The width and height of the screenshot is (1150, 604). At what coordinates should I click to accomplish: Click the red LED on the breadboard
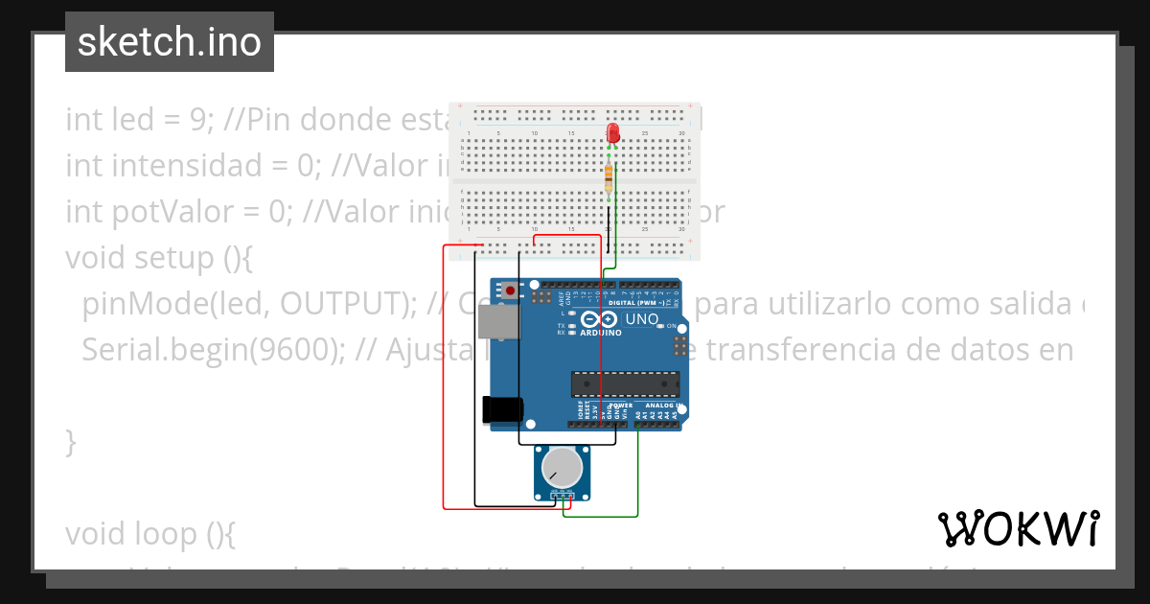pyautogui.click(x=613, y=133)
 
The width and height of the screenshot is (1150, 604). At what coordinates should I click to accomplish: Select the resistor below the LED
pyautogui.click(x=609, y=176)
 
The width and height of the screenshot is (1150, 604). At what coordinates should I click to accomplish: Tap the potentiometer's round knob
pyautogui.click(x=562, y=467)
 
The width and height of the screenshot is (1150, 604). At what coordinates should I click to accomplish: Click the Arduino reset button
pyautogui.click(x=511, y=290)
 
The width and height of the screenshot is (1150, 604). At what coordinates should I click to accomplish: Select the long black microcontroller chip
pyautogui.click(x=625, y=383)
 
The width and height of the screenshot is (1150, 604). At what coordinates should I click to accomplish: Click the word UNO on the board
pyautogui.click(x=641, y=319)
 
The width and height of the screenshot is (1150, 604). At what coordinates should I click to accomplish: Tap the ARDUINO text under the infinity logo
pyautogui.click(x=601, y=333)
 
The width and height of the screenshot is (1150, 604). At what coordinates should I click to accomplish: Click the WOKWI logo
pyautogui.click(x=1018, y=528)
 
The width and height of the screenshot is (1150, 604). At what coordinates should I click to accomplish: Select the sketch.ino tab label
pyautogui.click(x=170, y=42)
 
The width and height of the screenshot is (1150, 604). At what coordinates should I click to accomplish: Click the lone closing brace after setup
pyautogui.click(x=70, y=442)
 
